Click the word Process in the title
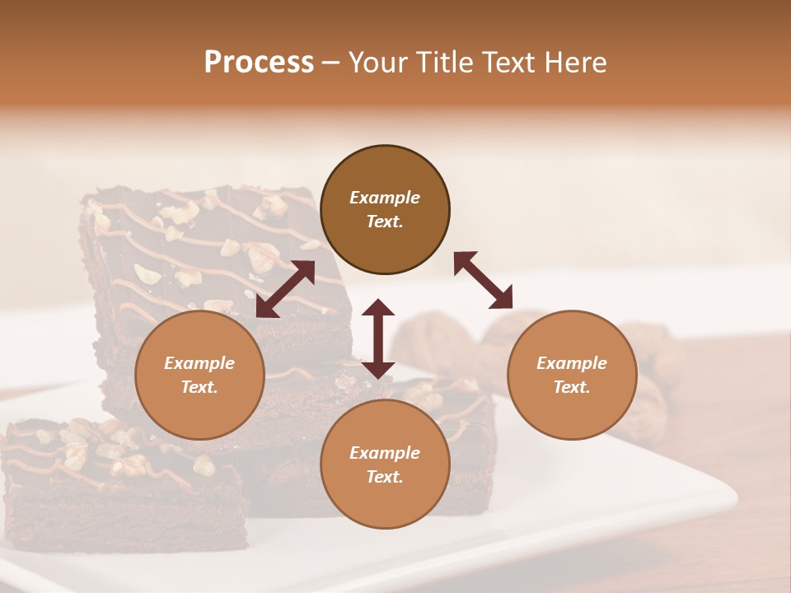(x=259, y=63)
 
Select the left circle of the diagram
(x=199, y=412)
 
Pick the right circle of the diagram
(x=572, y=412)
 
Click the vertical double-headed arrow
(x=378, y=339)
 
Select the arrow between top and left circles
(x=285, y=289)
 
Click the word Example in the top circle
(x=385, y=198)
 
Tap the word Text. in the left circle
(x=199, y=387)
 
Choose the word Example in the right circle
(x=572, y=363)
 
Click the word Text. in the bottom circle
(x=385, y=477)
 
